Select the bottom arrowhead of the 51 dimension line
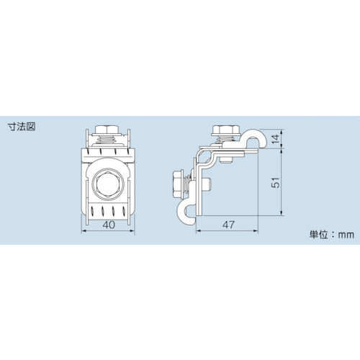280,216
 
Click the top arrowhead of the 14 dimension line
280,130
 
